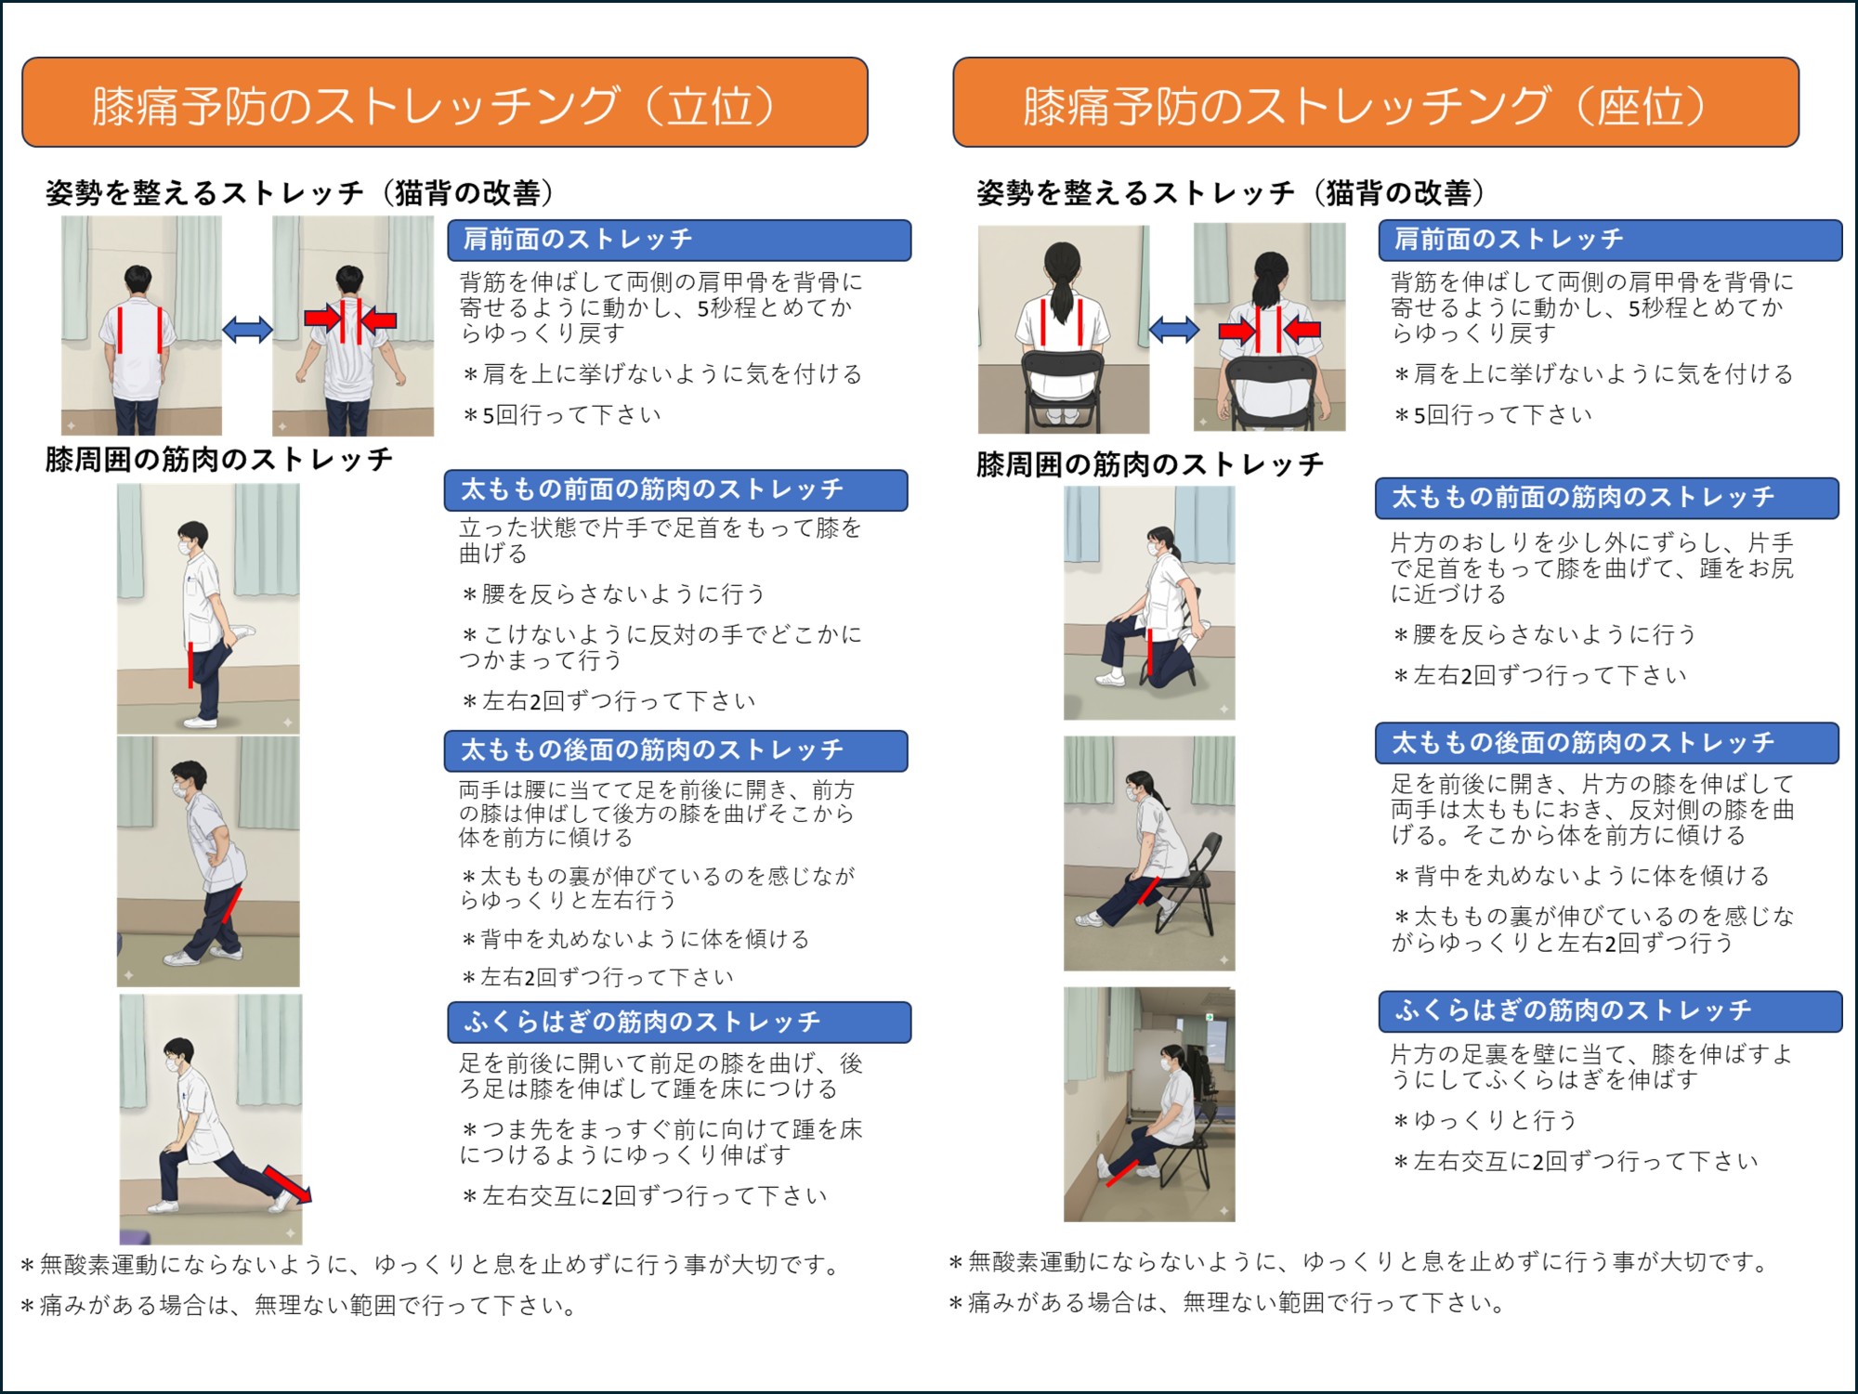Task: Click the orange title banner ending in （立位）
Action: tap(444, 103)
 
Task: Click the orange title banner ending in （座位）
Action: tap(1375, 103)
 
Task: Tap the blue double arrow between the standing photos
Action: tap(247, 329)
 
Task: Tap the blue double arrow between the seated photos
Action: tap(1173, 329)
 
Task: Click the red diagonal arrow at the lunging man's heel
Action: tap(288, 1185)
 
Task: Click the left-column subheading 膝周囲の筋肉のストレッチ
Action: tap(219, 460)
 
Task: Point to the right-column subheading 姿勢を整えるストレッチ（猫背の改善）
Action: tap(1230, 193)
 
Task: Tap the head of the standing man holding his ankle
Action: tap(194, 538)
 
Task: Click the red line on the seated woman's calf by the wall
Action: tap(1122, 1173)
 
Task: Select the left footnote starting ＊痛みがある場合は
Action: tap(299, 1305)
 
